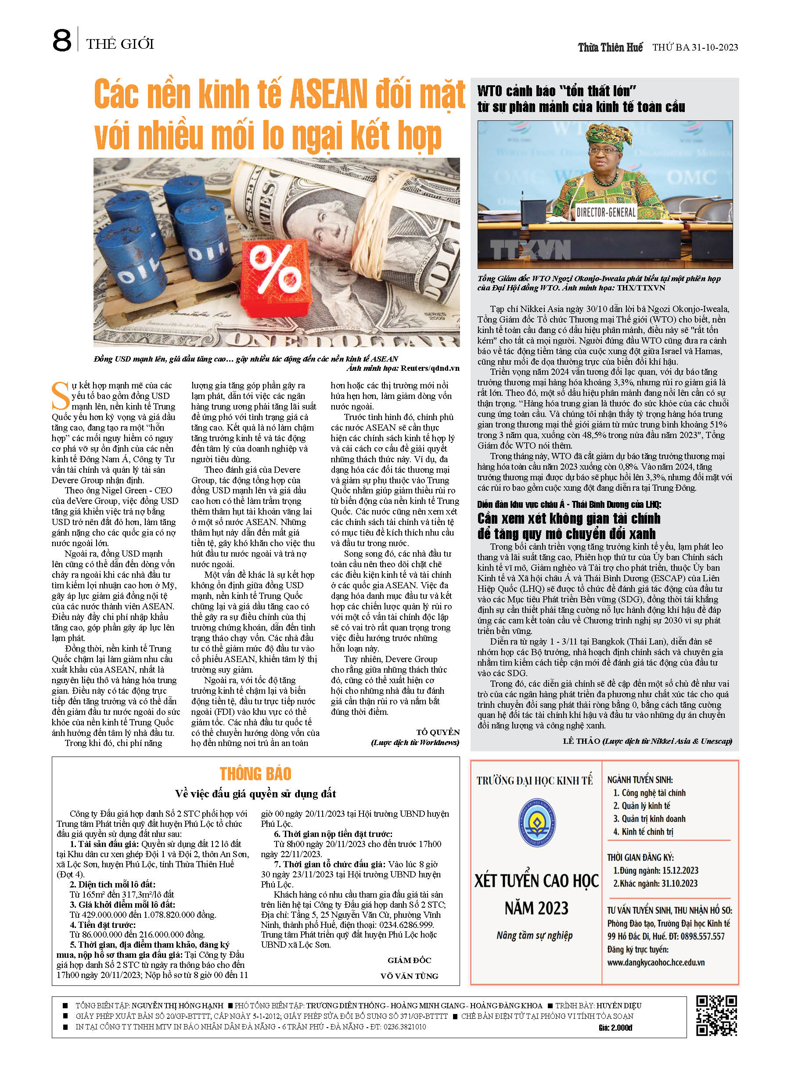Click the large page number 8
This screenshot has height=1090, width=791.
point(62,41)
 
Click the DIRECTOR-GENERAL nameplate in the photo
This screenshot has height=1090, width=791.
point(606,212)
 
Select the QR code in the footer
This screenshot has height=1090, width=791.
point(716,1015)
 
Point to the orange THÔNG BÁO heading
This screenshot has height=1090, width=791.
point(255,774)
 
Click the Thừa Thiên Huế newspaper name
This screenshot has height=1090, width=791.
point(610,47)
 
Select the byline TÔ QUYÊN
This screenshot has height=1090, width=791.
point(438,732)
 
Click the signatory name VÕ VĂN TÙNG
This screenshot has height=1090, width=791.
point(409,976)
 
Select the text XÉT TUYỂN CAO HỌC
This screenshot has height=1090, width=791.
point(536,881)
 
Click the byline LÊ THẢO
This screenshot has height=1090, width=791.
point(581,741)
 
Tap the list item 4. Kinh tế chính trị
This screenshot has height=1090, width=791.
point(643,831)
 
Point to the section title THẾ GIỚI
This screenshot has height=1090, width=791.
point(120,44)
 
